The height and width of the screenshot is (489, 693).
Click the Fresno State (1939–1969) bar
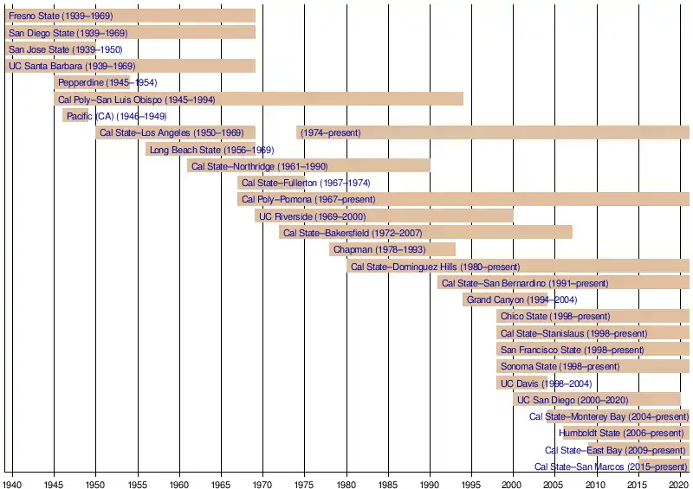[x=130, y=16]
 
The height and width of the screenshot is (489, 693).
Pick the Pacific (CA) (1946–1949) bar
[x=75, y=116]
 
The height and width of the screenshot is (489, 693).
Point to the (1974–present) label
[x=330, y=132]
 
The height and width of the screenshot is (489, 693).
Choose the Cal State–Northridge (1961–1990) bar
[x=308, y=166]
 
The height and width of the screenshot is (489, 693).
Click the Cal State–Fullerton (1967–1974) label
[x=306, y=183]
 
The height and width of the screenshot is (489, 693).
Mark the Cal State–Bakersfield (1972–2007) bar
[x=425, y=233]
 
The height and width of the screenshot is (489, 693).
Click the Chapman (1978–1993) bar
[x=392, y=249]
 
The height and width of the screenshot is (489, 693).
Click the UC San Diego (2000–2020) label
[x=573, y=400]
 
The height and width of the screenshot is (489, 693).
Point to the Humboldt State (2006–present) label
[x=621, y=433]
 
